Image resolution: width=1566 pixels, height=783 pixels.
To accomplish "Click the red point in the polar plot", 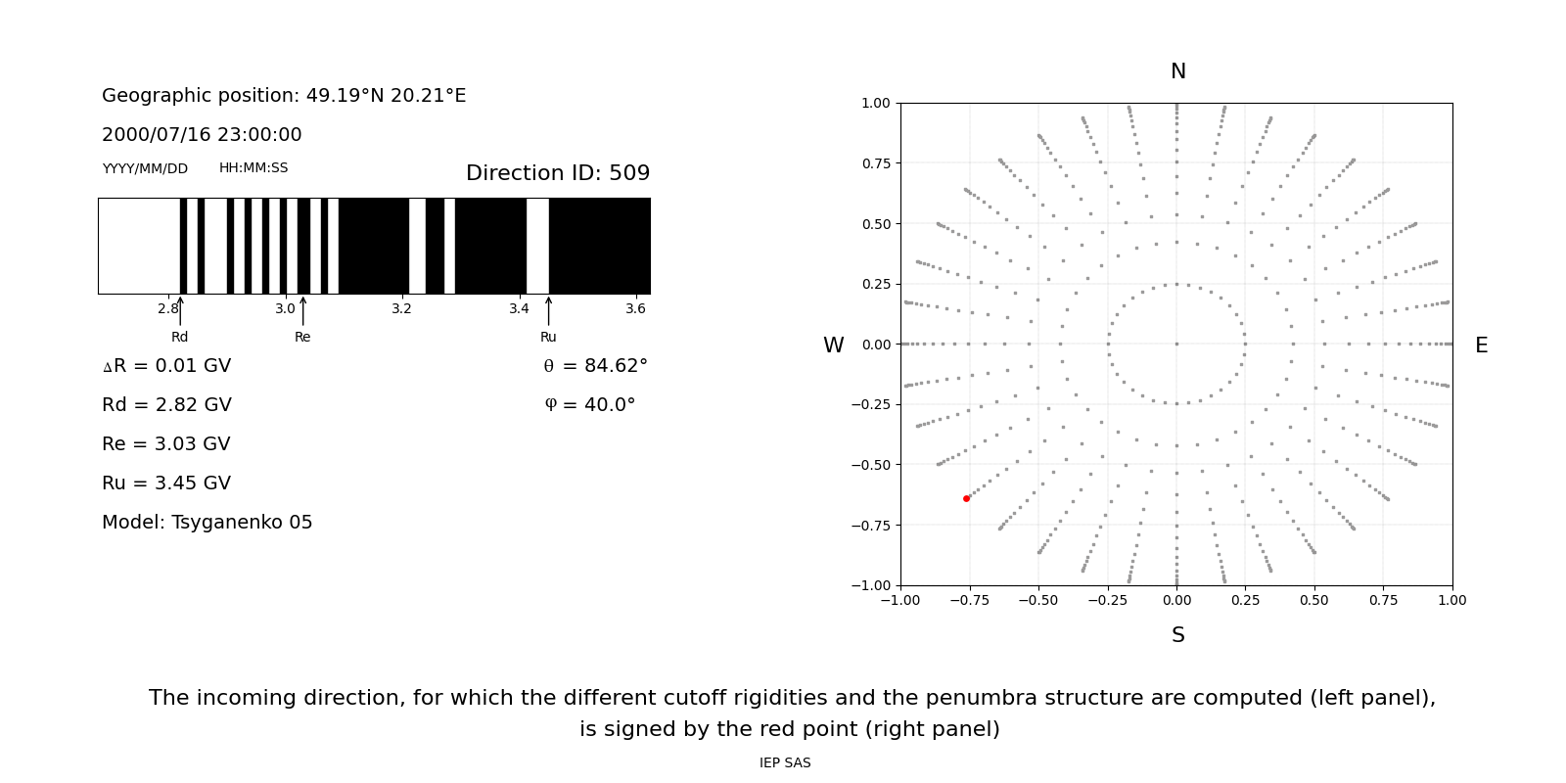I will [966, 498].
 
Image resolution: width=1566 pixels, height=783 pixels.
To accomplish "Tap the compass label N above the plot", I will [1177, 71].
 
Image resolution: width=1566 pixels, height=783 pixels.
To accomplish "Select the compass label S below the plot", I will [1177, 635].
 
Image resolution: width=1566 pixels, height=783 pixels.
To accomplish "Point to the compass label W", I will [833, 345].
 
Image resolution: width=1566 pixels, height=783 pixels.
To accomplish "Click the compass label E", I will [1481, 345].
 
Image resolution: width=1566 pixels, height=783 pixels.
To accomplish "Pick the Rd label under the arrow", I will [180, 337].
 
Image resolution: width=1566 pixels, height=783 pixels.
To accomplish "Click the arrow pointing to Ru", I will [548, 310].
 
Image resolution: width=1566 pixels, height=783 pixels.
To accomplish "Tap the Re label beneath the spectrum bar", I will [302, 337].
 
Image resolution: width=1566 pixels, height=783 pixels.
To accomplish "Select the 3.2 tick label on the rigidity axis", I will [401, 308].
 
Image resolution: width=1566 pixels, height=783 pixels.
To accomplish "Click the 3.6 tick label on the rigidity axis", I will [635, 308].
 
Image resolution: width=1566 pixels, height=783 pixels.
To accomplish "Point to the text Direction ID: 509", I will [558, 173].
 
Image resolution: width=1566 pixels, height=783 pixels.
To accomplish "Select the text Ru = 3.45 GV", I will [166, 484].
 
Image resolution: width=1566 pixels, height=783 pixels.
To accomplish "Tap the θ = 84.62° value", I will [595, 366].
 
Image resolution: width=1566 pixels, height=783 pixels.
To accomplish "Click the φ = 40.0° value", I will [590, 405].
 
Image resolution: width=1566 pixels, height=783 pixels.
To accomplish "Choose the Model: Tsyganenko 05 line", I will [207, 523].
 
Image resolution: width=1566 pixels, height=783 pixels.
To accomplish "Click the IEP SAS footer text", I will [785, 762].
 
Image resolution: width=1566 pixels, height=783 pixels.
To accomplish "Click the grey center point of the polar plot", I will [1176, 344].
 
